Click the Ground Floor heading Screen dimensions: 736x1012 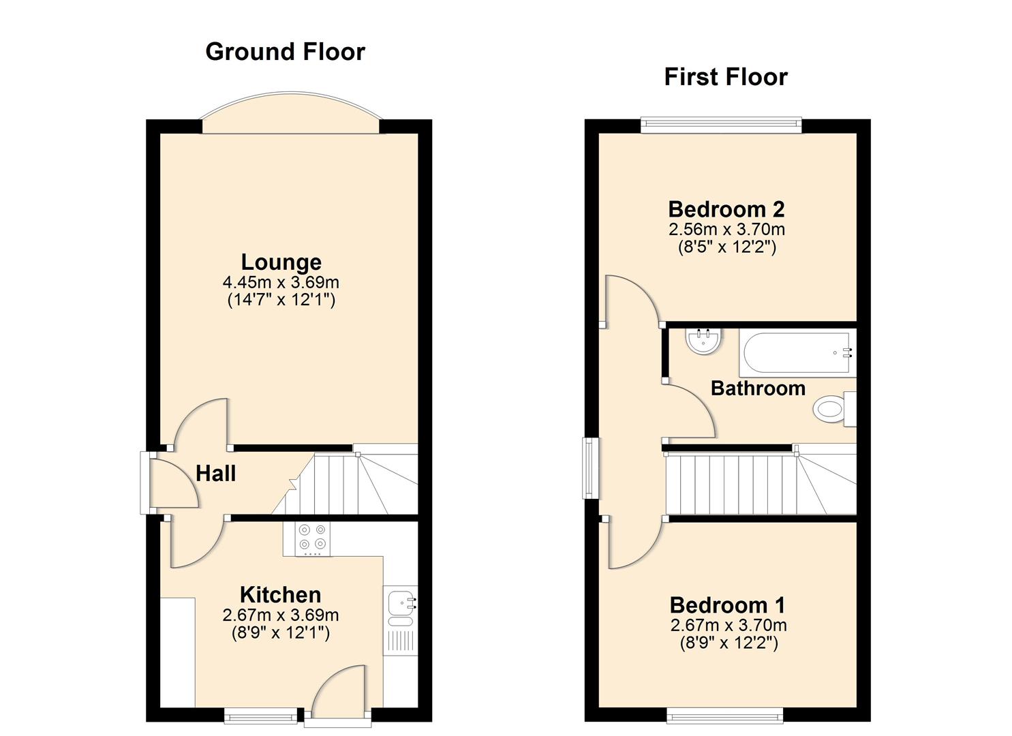[x=285, y=52]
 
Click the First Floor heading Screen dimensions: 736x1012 [x=725, y=77]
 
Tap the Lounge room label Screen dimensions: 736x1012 [x=281, y=262]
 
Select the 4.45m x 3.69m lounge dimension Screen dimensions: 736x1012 [x=281, y=282]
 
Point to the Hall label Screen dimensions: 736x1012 [x=215, y=474]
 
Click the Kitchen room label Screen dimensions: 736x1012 [x=280, y=594]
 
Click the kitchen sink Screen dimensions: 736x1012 [x=400, y=604]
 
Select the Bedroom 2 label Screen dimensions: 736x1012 [x=726, y=209]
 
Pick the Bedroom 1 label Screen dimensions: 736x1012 [x=727, y=604]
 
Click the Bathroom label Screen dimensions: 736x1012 [x=757, y=388]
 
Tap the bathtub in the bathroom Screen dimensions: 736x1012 [x=797, y=352]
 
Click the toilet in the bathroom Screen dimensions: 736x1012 [x=833, y=409]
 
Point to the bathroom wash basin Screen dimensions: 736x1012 [x=703, y=341]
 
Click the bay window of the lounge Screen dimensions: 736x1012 [x=290, y=116]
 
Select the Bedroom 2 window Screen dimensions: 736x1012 [x=721, y=123]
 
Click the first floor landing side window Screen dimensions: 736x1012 [x=589, y=467]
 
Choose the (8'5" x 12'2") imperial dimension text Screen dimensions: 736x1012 [x=726, y=247]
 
